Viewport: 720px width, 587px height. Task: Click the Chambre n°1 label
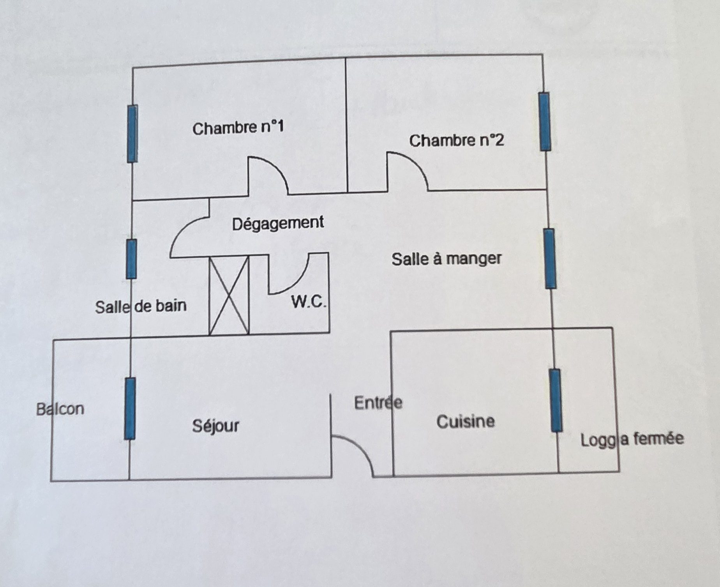pos(238,128)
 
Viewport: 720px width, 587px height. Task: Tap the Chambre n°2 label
pos(456,140)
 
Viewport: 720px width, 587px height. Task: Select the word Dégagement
pos(278,223)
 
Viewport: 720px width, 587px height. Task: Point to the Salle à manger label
pos(446,259)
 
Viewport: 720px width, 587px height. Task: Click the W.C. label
pos(309,302)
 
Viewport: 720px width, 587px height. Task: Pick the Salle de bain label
pos(141,306)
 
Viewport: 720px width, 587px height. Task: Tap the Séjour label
pos(215,425)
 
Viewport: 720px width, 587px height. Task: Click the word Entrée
pos(378,403)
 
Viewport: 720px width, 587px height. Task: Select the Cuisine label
pos(466,422)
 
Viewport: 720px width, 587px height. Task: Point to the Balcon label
pos(60,409)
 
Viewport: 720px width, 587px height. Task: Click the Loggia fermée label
pos(632,439)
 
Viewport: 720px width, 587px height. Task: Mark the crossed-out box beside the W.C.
pos(229,295)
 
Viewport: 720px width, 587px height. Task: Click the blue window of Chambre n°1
pos(132,134)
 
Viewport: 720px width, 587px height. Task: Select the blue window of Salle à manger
pos(550,259)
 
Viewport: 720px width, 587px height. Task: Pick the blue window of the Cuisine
pos(556,400)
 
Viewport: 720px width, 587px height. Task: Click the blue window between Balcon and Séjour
pos(130,408)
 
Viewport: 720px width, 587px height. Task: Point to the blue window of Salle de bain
pos(132,259)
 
